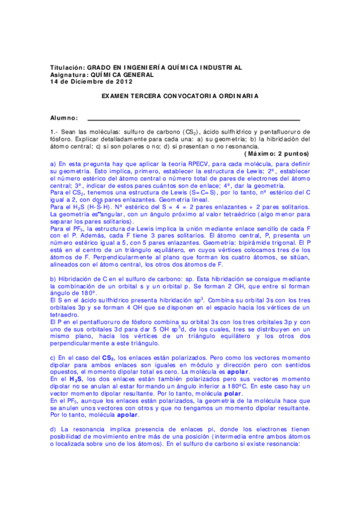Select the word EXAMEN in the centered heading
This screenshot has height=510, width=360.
(116, 96)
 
